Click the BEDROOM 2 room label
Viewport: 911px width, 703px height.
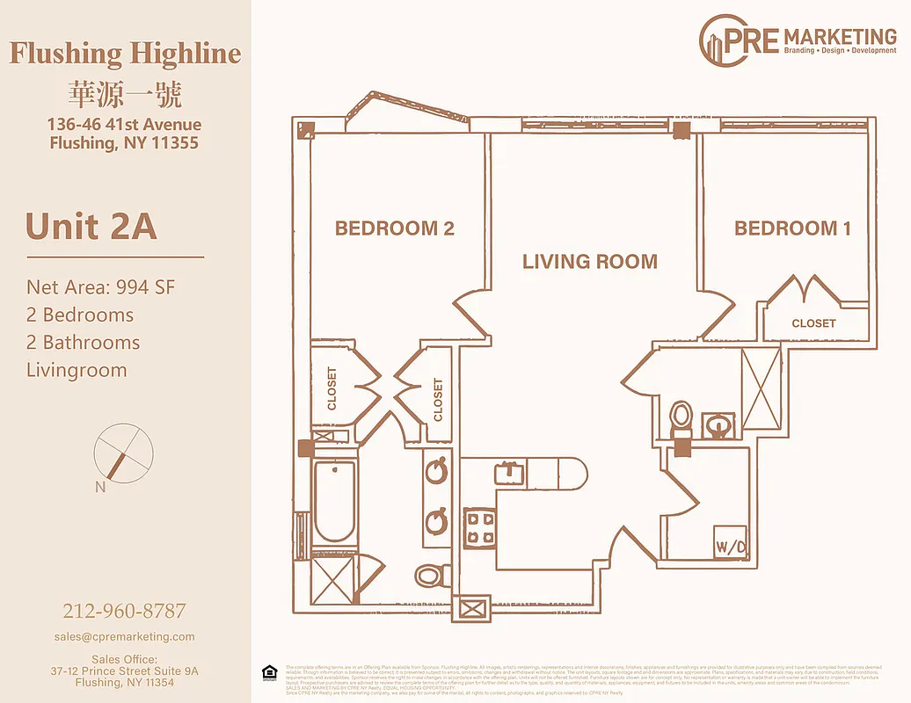click(394, 228)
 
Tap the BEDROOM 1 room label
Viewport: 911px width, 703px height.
click(792, 228)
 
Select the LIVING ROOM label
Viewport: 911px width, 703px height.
click(589, 261)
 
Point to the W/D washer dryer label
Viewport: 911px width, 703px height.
click(730, 547)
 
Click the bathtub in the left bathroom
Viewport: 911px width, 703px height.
click(335, 501)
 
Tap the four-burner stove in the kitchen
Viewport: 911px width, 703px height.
click(480, 528)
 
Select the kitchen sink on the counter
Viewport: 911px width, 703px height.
click(509, 472)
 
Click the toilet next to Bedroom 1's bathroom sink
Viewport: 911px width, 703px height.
click(681, 419)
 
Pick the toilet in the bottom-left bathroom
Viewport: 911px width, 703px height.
click(430, 576)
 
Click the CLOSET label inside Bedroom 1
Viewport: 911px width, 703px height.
click(813, 323)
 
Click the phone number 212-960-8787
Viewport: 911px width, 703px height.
click(124, 611)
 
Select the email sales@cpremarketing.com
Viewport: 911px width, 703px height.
click(124, 636)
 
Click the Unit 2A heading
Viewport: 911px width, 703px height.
click(91, 227)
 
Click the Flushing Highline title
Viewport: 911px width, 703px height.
click(125, 54)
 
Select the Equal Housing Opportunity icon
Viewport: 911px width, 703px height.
click(269, 673)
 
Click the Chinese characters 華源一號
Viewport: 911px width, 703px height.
click(125, 94)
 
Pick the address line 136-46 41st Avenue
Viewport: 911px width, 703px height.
click(124, 125)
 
